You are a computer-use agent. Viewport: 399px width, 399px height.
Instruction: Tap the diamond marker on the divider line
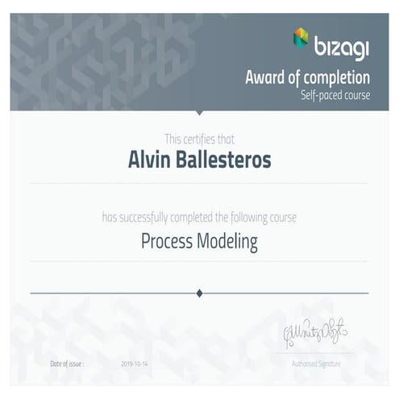click(x=199, y=293)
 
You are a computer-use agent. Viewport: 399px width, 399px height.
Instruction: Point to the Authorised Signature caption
click(x=316, y=364)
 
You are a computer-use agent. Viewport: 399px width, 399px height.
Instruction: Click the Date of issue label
click(x=66, y=364)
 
